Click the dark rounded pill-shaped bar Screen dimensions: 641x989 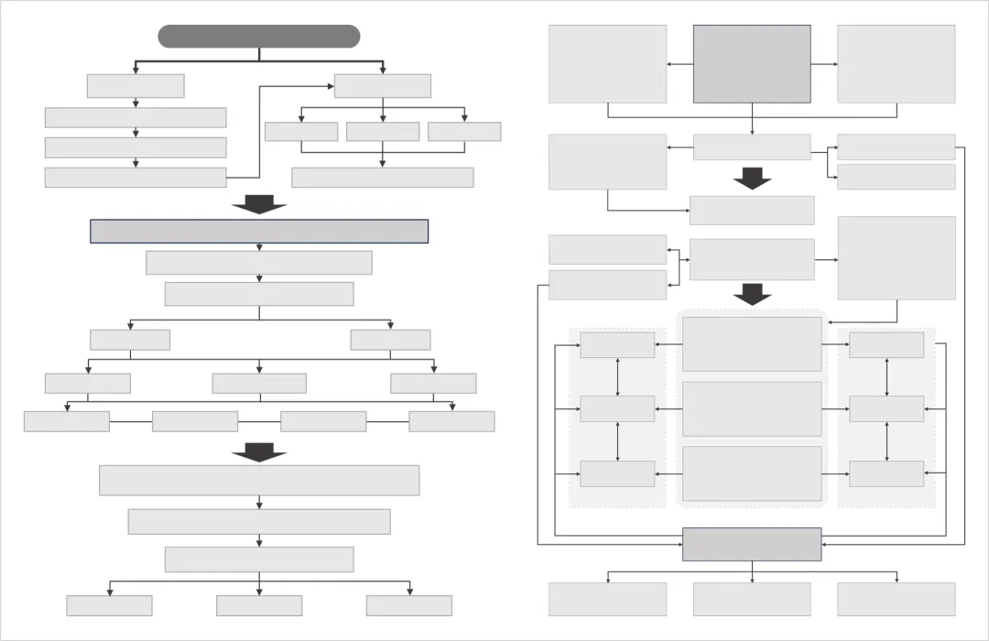click(259, 37)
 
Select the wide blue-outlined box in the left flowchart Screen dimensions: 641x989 click(259, 232)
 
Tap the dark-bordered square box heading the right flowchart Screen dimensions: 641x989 click(752, 64)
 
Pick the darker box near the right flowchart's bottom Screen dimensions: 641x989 click(752, 544)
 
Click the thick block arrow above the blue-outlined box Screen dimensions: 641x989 click(259, 204)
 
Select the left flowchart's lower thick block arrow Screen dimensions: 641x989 click(259, 451)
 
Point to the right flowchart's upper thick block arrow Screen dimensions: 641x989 click(753, 178)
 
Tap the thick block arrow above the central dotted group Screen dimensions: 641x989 click(753, 294)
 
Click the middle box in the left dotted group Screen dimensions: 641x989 click(617, 409)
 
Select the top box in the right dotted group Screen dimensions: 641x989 click(886, 345)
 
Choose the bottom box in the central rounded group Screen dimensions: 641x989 click(752, 473)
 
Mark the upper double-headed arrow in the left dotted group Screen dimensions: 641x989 click(618, 377)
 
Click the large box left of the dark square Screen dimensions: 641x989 click(607, 64)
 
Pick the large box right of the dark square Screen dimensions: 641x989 click(897, 64)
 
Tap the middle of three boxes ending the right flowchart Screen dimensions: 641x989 click(752, 599)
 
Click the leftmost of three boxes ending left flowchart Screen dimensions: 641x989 click(109, 605)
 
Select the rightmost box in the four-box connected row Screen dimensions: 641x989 click(451, 421)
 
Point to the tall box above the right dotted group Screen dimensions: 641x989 click(897, 258)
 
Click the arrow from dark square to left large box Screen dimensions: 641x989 click(679, 64)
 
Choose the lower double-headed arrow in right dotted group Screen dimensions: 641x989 click(886, 441)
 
